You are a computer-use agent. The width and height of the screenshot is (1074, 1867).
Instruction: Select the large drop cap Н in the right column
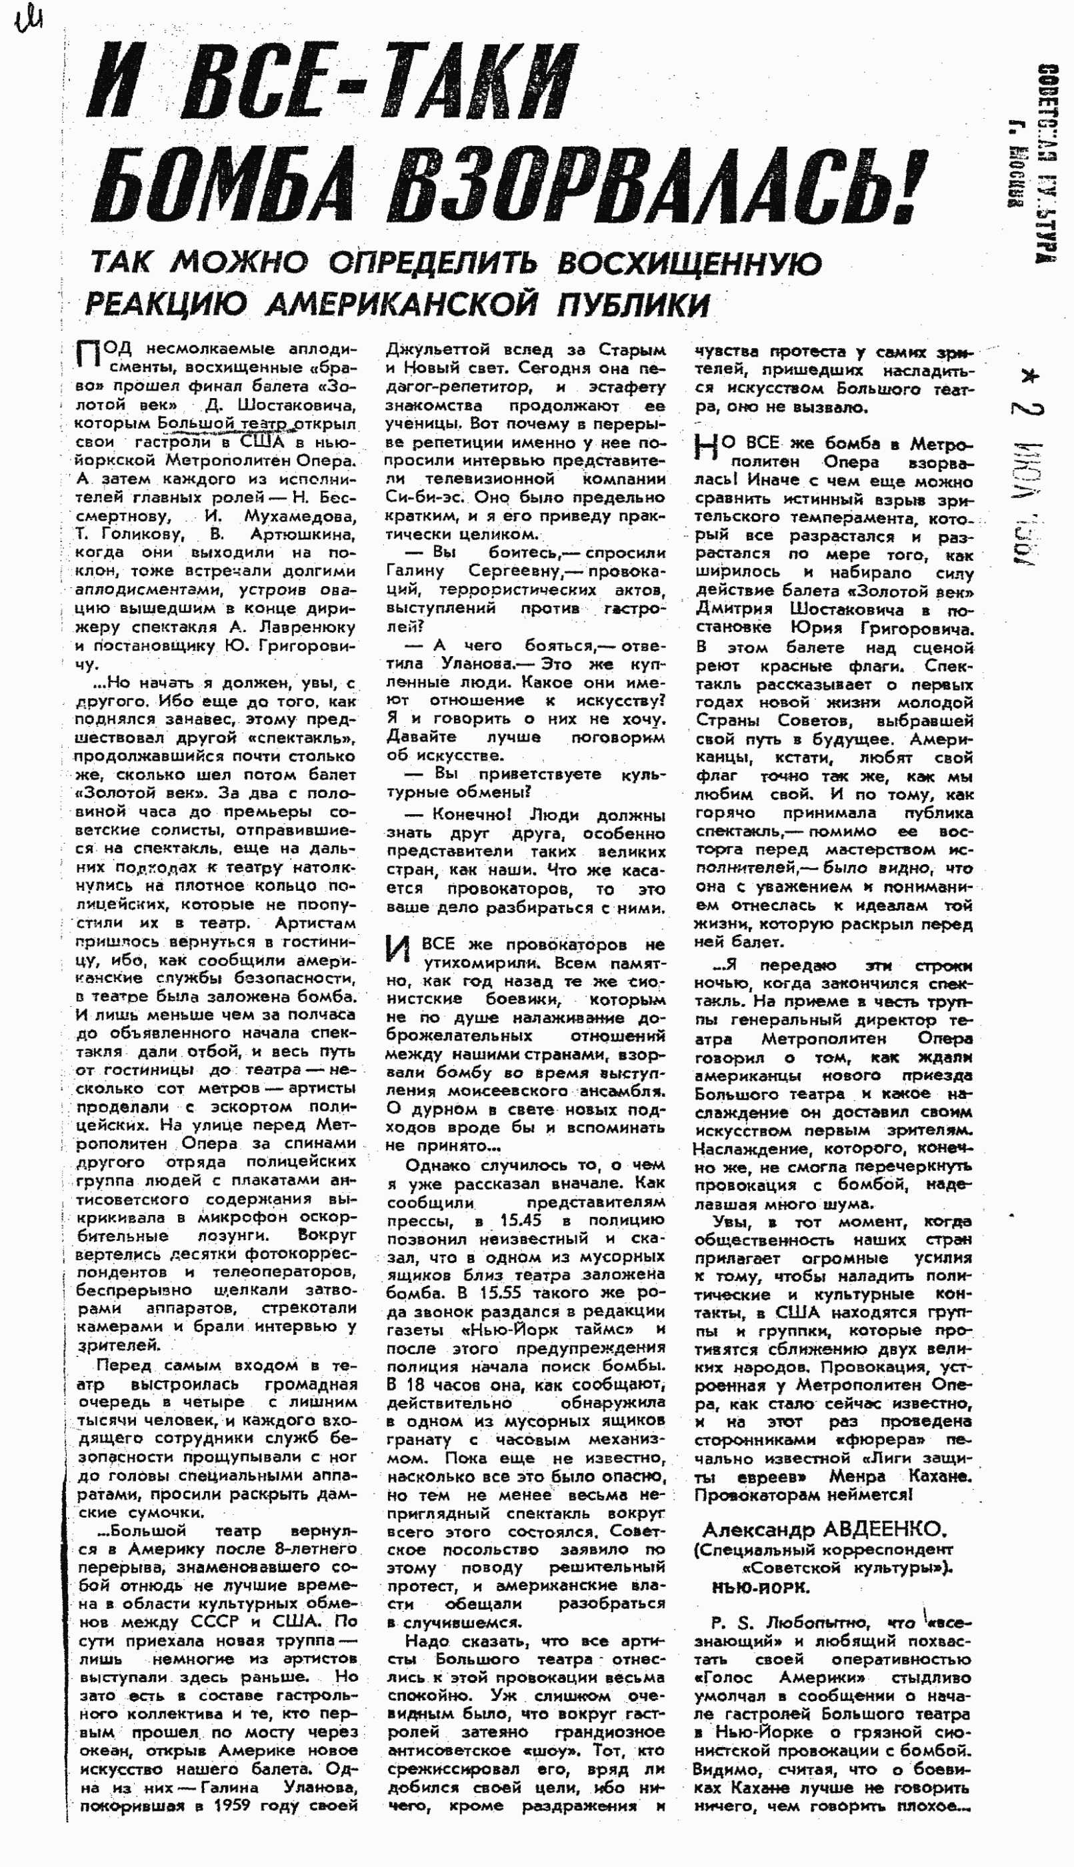[706, 449]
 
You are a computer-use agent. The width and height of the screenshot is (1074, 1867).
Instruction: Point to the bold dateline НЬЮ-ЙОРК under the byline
[761, 1587]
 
